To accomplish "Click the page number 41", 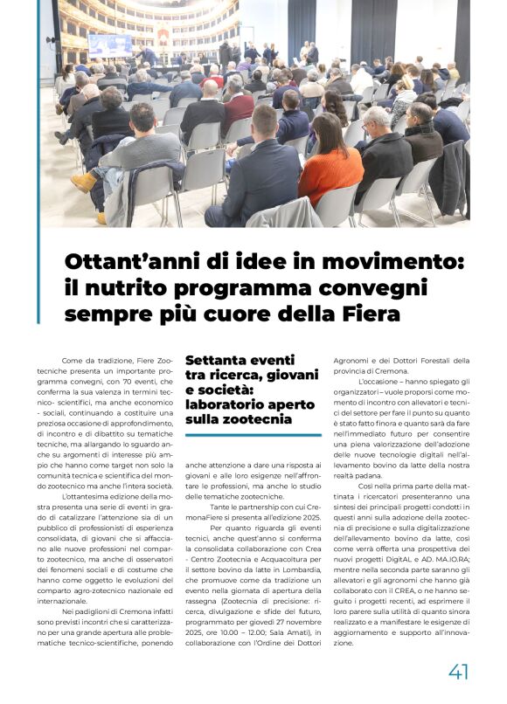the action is pos(459,671).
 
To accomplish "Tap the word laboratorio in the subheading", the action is pos(224,404).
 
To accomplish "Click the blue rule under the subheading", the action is pos(253,434).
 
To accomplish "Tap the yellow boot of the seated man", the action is pos(84,181).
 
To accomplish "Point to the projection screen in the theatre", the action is pos(109,45).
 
